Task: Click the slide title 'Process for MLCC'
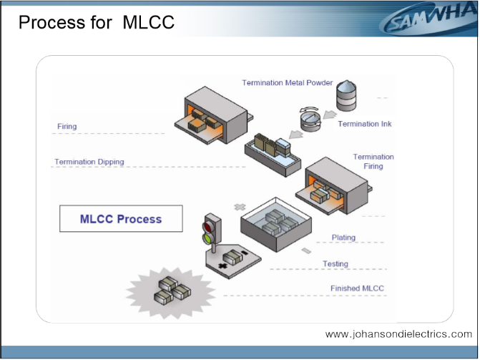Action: pos(97,22)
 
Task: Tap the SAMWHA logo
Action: pos(428,20)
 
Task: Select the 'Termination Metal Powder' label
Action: pos(287,83)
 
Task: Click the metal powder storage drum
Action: pos(346,95)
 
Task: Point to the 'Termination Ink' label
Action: pos(365,124)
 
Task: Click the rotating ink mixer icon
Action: pos(310,119)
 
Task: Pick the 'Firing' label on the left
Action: pos(67,126)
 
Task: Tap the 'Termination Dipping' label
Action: pos(89,162)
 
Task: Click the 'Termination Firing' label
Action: pos(373,162)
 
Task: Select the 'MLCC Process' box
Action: pos(121,218)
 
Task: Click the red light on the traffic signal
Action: pos(210,227)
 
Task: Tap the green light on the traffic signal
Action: pos(208,238)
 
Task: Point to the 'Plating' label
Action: pos(343,238)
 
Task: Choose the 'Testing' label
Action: pos(335,264)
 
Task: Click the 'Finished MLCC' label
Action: pos(357,288)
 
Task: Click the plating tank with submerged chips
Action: pos(276,225)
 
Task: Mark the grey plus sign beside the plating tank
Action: pos(240,207)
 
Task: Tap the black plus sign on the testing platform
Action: pos(222,266)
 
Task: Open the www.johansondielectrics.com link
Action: pos(398,334)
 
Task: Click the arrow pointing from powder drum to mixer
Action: pos(330,115)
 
